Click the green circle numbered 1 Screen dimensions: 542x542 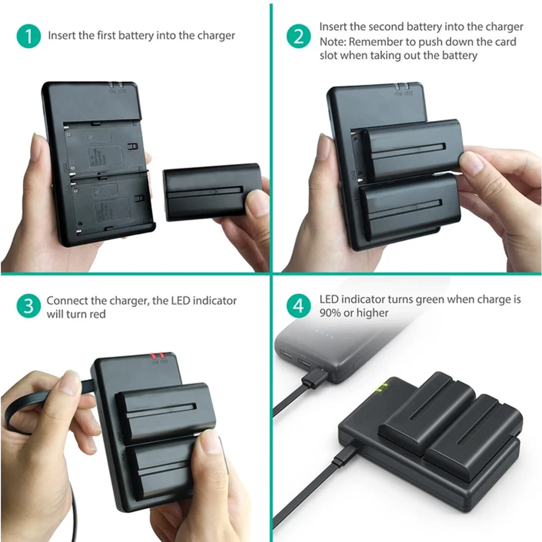[x=29, y=36]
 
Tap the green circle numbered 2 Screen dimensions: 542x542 [x=299, y=36]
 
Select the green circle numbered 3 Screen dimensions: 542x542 [x=29, y=306]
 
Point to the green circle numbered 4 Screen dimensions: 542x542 [x=299, y=306]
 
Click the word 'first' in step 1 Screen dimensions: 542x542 [x=106, y=35]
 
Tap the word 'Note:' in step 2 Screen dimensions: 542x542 [x=333, y=42]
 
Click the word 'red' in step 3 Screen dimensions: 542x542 [x=97, y=314]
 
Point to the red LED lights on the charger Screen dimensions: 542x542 [x=157, y=356]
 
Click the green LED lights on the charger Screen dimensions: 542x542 [x=383, y=388]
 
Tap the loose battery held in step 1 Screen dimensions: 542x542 [x=212, y=192]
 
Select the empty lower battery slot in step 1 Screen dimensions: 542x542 [x=111, y=202]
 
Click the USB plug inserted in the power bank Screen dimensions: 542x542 [x=314, y=377]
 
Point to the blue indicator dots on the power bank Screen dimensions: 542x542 [x=325, y=334]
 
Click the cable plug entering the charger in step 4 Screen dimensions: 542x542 [x=344, y=455]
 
